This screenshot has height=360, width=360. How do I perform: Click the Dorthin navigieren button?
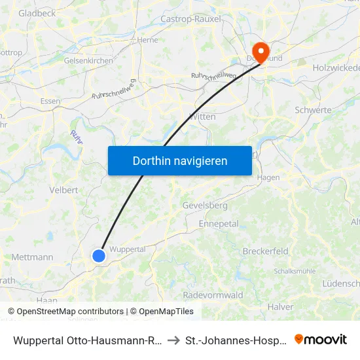coord(179,160)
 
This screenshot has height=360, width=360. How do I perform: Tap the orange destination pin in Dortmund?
coord(261,52)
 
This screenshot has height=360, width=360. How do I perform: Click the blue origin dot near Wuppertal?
coord(99,255)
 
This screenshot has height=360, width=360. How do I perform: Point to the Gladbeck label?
coord(37,13)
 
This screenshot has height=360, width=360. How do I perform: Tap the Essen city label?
coord(50,101)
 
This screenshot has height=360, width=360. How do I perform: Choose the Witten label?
coord(202,116)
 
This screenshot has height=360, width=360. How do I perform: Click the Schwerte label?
coord(313,110)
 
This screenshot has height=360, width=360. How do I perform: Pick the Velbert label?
coord(63,190)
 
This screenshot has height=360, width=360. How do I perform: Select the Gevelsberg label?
coord(205,205)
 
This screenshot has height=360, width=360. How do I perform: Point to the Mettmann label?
coord(32,257)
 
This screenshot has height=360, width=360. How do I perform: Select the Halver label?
coord(280,306)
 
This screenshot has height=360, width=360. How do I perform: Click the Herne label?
coord(148,40)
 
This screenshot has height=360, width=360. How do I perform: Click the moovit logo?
coord(320,339)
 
